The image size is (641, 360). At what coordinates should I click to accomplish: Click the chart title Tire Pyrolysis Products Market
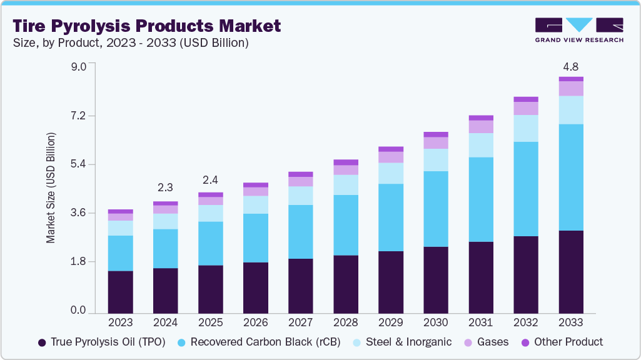[146, 26]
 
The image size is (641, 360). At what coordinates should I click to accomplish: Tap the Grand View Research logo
[578, 29]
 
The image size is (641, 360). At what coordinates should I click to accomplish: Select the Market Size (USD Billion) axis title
[51, 187]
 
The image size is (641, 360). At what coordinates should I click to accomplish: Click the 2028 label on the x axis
[346, 322]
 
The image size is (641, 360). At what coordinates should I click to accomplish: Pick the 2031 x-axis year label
[481, 322]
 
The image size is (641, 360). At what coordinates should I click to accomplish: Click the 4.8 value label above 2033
[571, 66]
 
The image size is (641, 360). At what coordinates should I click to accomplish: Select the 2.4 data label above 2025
[210, 180]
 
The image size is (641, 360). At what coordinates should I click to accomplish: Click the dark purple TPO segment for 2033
[571, 272]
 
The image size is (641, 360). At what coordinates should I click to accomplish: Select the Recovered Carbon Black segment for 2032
[526, 189]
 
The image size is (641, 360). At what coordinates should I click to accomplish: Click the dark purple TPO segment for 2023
[120, 292]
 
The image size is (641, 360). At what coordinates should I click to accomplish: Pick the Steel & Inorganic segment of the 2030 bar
[436, 160]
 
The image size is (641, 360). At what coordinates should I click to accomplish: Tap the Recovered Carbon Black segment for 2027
[301, 231]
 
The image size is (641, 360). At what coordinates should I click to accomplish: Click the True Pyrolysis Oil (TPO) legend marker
[42, 342]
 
